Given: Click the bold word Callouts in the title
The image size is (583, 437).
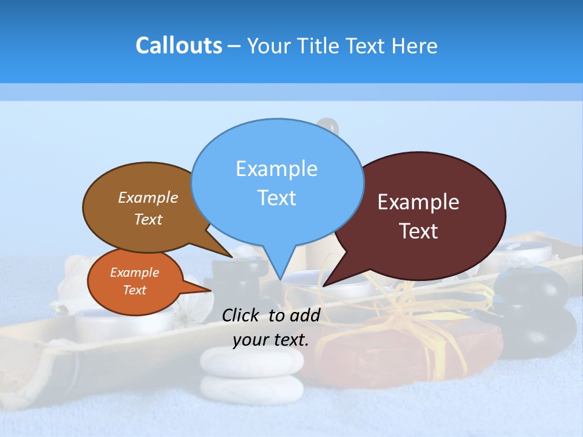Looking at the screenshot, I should pyautogui.click(x=179, y=46).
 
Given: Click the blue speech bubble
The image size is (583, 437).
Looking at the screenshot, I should pyautogui.click(x=277, y=182).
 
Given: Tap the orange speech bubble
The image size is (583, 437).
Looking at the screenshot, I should pyautogui.click(x=135, y=282).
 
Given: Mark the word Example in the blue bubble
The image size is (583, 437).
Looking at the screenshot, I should pyautogui.click(x=276, y=168).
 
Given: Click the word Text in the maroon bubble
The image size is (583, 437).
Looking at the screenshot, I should pyautogui.click(x=418, y=231).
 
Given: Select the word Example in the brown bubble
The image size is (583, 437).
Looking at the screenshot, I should pyautogui.click(x=148, y=197).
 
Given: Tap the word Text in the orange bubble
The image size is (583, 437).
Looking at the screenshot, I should pyautogui.click(x=135, y=290).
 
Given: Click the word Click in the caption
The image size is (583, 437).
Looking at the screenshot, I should pyautogui.click(x=242, y=314).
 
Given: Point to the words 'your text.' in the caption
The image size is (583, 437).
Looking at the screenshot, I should pyautogui.click(x=271, y=340).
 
